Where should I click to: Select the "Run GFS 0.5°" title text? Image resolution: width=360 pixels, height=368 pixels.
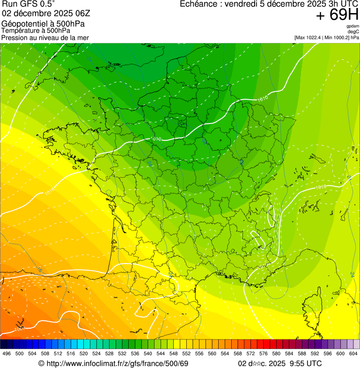tap(29, 4)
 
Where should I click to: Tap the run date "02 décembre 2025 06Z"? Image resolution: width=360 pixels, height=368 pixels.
tap(42, 14)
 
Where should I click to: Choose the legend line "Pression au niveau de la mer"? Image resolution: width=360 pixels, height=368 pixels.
tap(45, 37)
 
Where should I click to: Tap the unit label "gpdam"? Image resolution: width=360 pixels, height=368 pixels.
tap(353, 26)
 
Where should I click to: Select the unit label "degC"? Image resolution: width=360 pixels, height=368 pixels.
tap(354, 31)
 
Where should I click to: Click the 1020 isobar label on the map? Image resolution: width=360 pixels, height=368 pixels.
tap(19, 329)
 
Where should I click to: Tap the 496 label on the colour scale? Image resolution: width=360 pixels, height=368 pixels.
tap(7, 353)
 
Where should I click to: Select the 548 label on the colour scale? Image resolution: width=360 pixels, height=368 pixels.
tap(173, 353)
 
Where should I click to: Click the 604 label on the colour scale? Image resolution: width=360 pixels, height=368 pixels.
tap(353, 353)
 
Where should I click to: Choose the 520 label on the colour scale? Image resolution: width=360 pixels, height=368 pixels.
tap(83, 353)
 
